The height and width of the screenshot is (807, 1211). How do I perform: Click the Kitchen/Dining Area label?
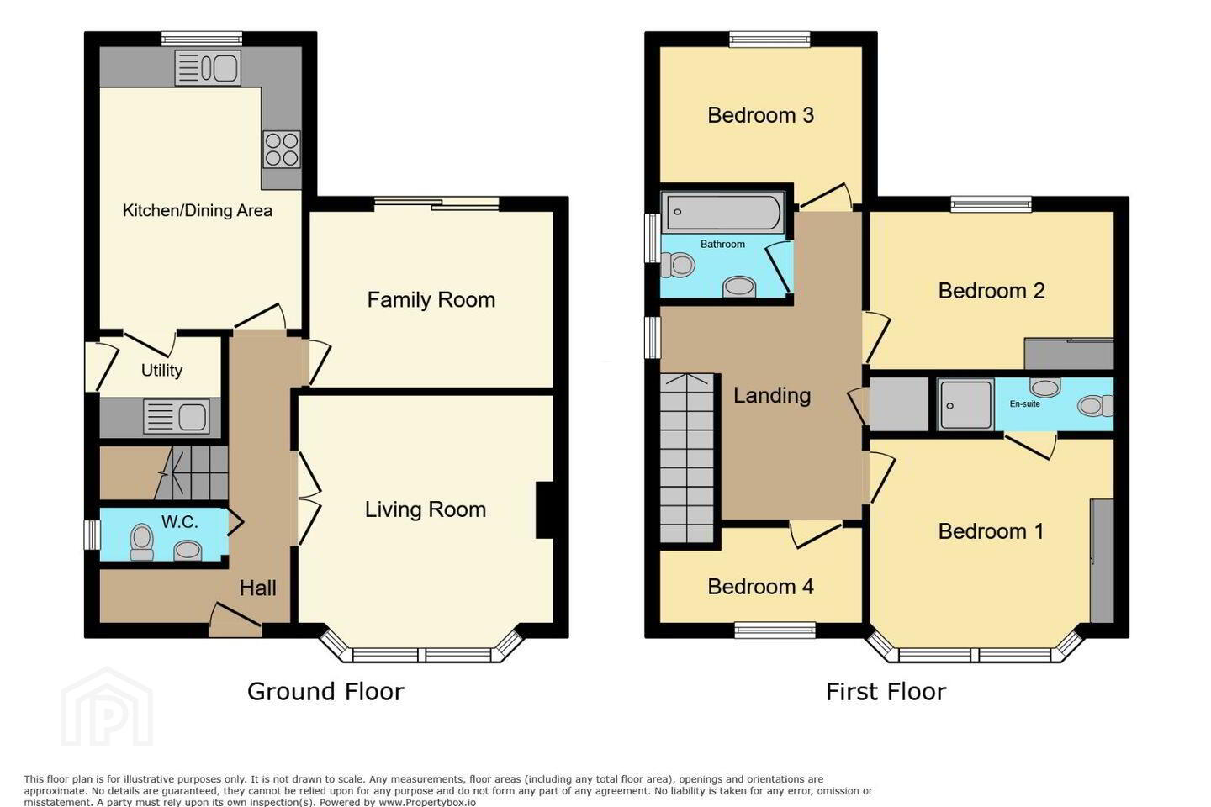pos(198,210)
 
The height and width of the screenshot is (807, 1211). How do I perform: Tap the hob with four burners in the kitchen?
pos(282,149)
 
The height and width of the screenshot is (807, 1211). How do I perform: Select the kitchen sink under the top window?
pos(208,67)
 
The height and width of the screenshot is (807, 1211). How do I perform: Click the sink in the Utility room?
pos(177,416)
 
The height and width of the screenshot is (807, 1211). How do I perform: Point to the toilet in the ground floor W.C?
pos(141,541)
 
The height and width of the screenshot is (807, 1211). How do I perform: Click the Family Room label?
pos(431,299)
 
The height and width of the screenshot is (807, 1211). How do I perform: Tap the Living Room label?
pos(426,509)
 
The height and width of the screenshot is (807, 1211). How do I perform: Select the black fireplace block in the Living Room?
pos(545,509)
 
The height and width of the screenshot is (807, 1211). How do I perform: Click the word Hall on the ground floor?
pos(258,588)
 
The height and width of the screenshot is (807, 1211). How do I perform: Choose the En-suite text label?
pos(1024,403)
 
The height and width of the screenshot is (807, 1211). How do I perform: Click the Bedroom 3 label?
pos(760,115)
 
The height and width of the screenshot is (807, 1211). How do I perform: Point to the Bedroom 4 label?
pos(760,587)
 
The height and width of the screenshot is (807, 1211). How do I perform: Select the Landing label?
pos(772,396)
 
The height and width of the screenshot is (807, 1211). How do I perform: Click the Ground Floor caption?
pos(325,691)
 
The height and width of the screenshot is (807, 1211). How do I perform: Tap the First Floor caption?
pos(886,691)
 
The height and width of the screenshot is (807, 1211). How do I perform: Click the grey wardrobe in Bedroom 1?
pos(1102,561)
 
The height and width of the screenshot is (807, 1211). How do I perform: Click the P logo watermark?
pos(107,708)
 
